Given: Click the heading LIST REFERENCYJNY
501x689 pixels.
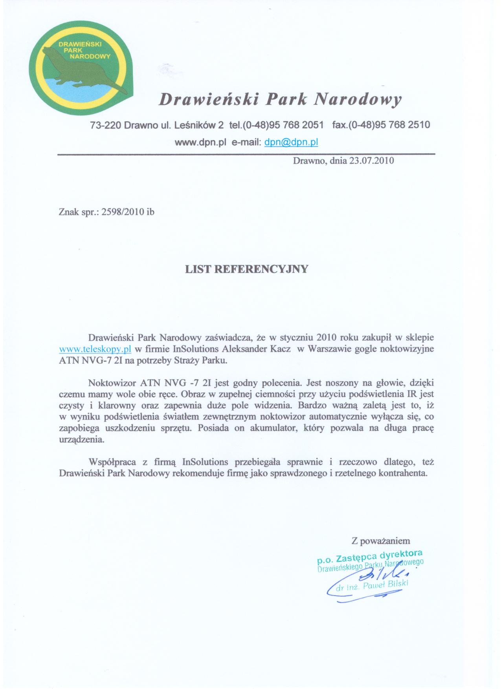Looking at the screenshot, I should [247, 269].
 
